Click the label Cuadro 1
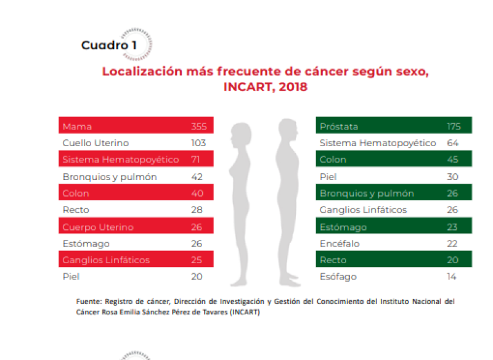tap(108, 46)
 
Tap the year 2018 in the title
tap(293, 87)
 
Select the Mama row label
tap(77, 126)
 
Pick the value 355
tap(198, 126)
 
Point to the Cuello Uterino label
tap(96, 143)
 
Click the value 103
tap(198, 143)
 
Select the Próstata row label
tap(339, 126)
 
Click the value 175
tap(454, 126)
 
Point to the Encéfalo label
tap(340, 243)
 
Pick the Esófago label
tap(338, 277)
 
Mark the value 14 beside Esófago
tap(452, 277)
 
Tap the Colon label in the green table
tap(333, 160)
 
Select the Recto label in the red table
tap(76, 210)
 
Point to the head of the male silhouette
tap(287, 129)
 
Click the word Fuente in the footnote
tap(89, 301)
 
